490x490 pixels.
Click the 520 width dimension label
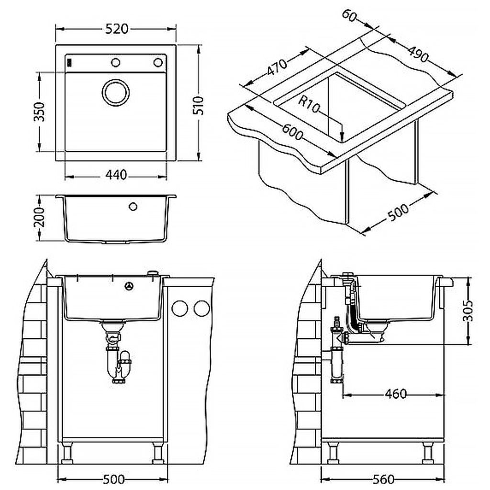pyautogui.click(x=117, y=29)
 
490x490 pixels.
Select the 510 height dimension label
pyautogui.click(x=198, y=106)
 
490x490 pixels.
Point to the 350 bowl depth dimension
pyautogui.click(x=39, y=111)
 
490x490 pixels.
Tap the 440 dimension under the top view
pyautogui.click(x=116, y=175)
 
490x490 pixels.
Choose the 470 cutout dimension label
pyautogui.click(x=277, y=67)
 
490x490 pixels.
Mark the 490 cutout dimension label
pyautogui.click(x=418, y=54)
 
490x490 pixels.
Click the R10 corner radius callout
pyautogui.click(x=309, y=104)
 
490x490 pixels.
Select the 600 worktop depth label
pyautogui.click(x=293, y=132)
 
